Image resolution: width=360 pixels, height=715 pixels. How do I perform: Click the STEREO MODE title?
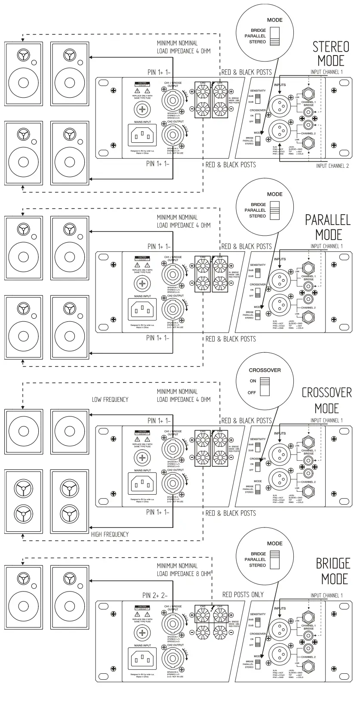(330, 53)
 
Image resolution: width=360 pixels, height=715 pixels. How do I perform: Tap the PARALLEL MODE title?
(328, 227)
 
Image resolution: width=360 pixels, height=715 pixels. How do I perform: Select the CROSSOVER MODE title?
(326, 401)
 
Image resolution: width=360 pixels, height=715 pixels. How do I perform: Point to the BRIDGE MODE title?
(333, 570)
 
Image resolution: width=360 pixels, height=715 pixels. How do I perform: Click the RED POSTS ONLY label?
(243, 595)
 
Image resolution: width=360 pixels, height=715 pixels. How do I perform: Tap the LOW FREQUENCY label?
(110, 399)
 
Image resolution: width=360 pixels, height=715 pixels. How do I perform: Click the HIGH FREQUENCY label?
(110, 534)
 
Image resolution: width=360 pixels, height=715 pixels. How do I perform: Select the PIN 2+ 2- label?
(155, 595)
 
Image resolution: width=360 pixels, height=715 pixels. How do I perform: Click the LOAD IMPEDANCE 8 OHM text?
(184, 573)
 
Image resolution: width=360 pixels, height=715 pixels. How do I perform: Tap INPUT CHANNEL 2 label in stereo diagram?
(332, 166)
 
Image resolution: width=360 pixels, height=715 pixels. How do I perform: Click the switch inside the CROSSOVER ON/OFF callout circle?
(264, 386)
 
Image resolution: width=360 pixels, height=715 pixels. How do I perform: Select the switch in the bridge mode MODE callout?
(274, 559)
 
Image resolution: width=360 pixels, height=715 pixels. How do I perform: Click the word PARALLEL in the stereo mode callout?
(255, 36)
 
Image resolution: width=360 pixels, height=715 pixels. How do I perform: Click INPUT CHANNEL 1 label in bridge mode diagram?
(326, 595)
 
